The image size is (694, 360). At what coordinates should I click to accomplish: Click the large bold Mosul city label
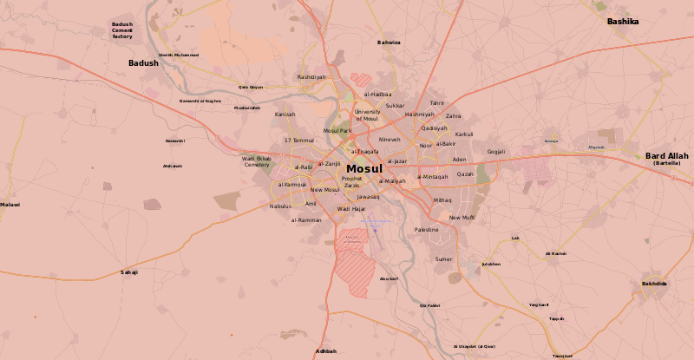pyautogui.click(x=363, y=169)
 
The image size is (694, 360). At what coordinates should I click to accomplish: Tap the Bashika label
pyautogui.click(x=622, y=21)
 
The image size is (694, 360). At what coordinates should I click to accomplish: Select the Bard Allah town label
pyautogui.click(x=666, y=156)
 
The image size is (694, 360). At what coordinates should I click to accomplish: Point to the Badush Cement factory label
pyautogui.click(x=122, y=30)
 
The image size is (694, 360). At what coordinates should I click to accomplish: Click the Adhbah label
pyautogui.click(x=326, y=350)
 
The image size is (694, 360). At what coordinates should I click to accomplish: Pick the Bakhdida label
pyautogui.click(x=654, y=284)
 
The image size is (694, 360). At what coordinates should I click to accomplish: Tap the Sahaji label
pyautogui.click(x=129, y=272)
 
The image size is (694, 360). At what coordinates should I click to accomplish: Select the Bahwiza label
pyautogui.click(x=389, y=43)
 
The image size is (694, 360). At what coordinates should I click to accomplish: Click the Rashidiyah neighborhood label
pyautogui.click(x=311, y=76)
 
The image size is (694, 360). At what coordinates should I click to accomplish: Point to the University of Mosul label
pyautogui.click(x=367, y=115)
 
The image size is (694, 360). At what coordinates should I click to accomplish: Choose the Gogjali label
pyautogui.click(x=496, y=152)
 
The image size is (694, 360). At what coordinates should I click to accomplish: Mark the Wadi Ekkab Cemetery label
pyautogui.click(x=257, y=161)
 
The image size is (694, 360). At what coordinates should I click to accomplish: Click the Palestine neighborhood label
pyautogui.click(x=427, y=229)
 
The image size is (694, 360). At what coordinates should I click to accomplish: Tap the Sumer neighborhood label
pyautogui.click(x=443, y=259)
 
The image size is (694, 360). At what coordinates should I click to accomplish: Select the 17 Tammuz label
pyautogui.click(x=299, y=140)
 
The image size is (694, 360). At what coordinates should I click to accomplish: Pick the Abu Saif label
pyautogui.click(x=389, y=278)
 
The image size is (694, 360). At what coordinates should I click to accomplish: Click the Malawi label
pyautogui.click(x=10, y=205)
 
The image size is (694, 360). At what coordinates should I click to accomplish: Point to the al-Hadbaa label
pyautogui.click(x=377, y=94)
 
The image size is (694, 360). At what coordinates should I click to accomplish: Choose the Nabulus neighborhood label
pyautogui.click(x=280, y=206)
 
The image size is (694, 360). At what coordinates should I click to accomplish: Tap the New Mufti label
pyautogui.click(x=462, y=218)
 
